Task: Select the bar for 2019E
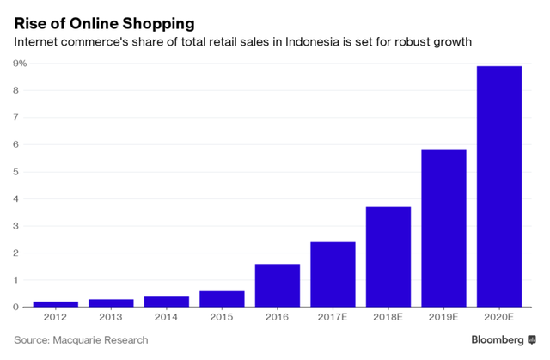coord(443,228)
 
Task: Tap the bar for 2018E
coord(388,256)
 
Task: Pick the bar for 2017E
coord(333,274)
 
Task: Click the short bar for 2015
coord(222,299)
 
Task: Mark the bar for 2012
coord(56,304)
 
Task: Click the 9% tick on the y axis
coord(19,64)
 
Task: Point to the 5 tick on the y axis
coord(16,172)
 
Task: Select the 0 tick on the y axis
coord(16,307)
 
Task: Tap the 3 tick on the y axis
coord(16,226)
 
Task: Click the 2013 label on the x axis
coord(111,318)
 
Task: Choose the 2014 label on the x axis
coord(167,318)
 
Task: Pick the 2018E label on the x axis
coord(388,318)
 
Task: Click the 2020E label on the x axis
coord(499,318)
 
